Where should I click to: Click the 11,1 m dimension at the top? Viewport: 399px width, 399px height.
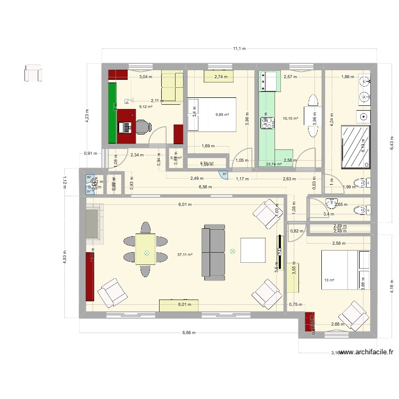coord(239,48)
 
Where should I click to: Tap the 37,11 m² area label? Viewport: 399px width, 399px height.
coord(185,255)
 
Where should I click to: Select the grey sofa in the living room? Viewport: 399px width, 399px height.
coord(213,253)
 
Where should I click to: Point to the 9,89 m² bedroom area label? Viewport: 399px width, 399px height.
coord(222,114)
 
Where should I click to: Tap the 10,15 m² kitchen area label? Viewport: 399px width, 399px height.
coord(290,119)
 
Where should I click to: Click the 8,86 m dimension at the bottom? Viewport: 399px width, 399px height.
coord(188,333)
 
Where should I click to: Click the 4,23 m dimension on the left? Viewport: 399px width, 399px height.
coord(88,115)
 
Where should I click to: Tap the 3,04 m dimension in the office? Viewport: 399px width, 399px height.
coord(145,77)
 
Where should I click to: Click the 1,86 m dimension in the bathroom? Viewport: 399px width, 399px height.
coord(347,77)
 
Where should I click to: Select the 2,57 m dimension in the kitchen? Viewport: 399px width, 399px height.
coord(290,77)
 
